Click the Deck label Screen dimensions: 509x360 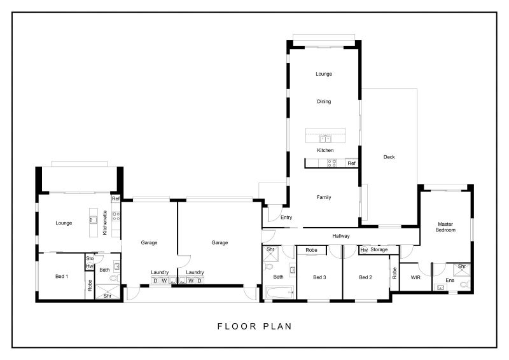coord(389,157)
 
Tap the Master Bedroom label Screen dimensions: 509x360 coord(445,227)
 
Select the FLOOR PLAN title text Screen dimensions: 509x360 coord(254,326)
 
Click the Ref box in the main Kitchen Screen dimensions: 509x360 coord(352,163)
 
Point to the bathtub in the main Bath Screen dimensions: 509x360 coord(279,292)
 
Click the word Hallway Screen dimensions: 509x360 coord(341,236)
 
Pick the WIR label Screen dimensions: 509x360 coord(415,277)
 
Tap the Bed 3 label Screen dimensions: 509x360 coord(319,277)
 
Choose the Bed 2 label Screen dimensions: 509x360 coord(365,277)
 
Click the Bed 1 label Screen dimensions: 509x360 coord(62,277)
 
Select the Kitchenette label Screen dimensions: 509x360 coord(104,223)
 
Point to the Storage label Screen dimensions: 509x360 coord(379,249)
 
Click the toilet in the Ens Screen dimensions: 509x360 coord(466,285)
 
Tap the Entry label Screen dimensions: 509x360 coord(286,218)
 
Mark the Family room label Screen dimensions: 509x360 coord(324,197)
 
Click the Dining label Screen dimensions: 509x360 coord(324,102)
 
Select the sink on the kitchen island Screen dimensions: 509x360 coord(325,139)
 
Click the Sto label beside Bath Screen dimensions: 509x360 coord(90,258)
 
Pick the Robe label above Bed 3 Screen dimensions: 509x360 coord(311,250)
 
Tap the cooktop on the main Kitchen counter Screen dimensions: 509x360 coord(331,163)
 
